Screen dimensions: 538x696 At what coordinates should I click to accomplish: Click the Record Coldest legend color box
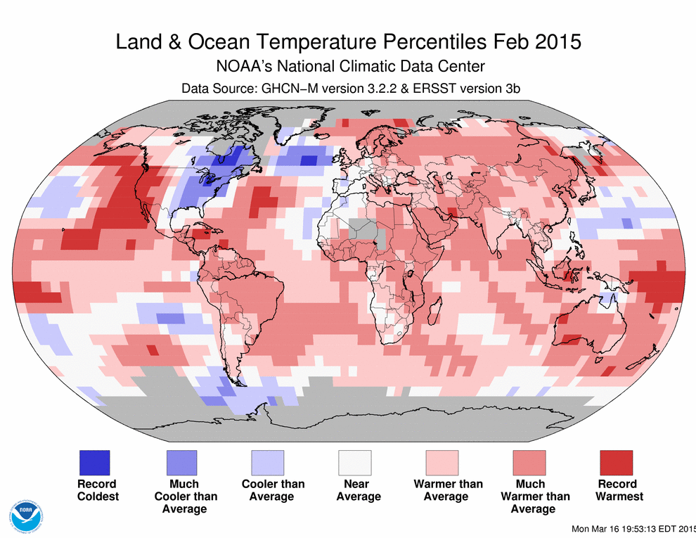(94, 463)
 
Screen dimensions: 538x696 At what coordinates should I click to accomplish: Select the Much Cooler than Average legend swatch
(181, 463)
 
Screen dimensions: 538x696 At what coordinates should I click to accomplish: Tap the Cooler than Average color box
(268, 463)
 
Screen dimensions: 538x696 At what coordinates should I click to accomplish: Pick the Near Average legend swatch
(355, 463)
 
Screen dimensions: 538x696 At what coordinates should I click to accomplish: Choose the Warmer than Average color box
(442, 463)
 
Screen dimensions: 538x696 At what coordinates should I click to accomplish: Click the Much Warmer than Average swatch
(529, 463)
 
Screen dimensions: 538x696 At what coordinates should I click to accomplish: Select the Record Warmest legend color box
(616, 463)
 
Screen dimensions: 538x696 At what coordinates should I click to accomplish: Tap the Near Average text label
(358, 490)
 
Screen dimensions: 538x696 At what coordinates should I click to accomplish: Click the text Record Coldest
(97, 490)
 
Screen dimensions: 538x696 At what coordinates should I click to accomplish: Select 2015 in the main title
(557, 41)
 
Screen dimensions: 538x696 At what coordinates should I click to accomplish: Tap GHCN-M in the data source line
(289, 89)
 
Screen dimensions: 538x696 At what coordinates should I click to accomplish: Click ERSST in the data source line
(433, 89)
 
